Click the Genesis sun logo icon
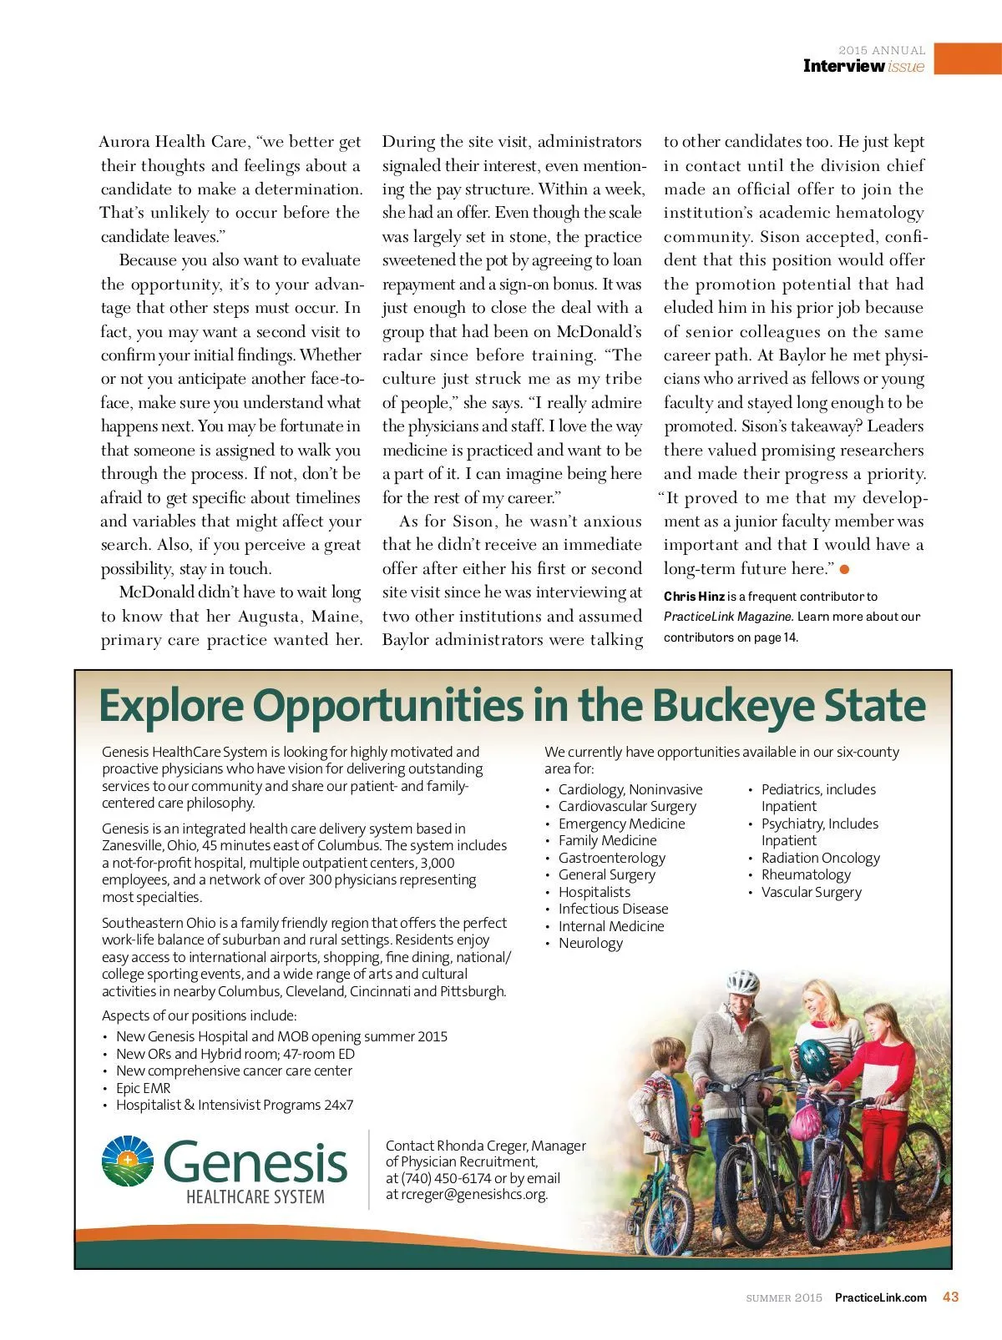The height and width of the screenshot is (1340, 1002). pos(128,1160)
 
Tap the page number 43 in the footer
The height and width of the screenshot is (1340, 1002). pos(950,1297)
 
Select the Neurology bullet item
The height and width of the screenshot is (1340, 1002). pos(590,943)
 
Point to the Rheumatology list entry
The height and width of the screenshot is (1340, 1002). pos(806,874)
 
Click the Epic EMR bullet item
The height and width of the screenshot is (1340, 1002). pos(143,1088)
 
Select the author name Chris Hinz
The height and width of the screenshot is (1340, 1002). pos(694,597)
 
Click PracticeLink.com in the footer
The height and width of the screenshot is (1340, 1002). pos(881,1297)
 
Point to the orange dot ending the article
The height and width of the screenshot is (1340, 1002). pos(844,569)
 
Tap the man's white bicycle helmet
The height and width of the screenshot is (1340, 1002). pos(742,981)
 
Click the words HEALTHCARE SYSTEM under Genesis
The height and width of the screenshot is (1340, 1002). pos(255,1197)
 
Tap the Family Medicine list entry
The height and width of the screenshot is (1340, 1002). pos(607,840)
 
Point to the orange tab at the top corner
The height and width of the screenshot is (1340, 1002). pos(968,59)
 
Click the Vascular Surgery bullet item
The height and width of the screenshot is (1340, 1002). pos(811,892)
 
